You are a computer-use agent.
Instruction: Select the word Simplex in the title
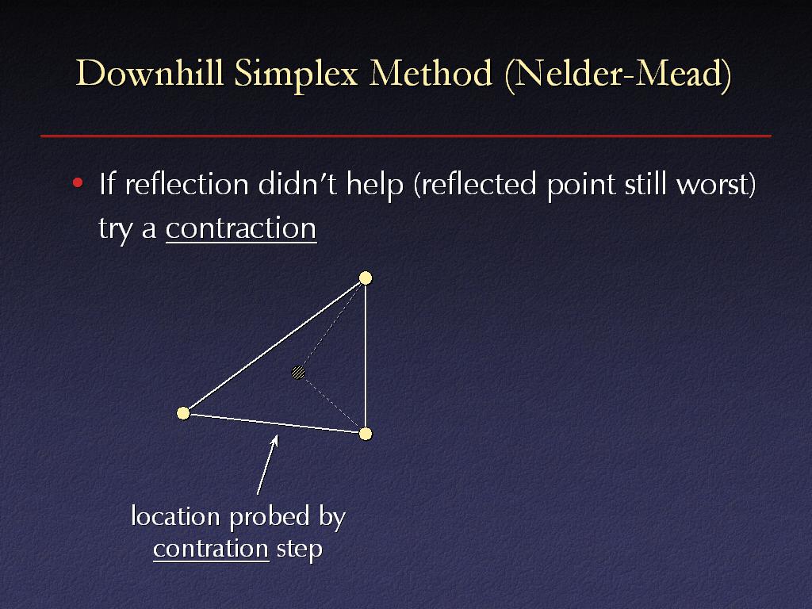click(x=296, y=75)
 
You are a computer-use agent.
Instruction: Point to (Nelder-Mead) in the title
click(x=618, y=75)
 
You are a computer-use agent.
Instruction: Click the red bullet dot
click(x=78, y=182)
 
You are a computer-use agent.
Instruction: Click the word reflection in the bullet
click(x=187, y=184)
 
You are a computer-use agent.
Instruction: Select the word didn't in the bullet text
click(x=297, y=184)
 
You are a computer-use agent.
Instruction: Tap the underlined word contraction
click(x=241, y=228)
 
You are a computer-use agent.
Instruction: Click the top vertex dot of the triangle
click(x=366, y=278)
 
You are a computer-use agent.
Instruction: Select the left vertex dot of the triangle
click(x=183, y=413)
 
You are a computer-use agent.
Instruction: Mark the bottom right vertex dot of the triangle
click(x=366, y=434)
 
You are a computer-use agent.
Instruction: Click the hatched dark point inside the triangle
click(x=298, y=373)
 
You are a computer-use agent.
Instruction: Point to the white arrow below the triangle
click(x=267, y=465)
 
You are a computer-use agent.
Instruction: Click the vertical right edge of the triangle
click(x=366, y=356)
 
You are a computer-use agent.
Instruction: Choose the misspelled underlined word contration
click(x=211, y=549)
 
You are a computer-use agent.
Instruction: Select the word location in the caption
click(x=175, y=516)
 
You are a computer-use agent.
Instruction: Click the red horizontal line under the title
click(x=406, y=136)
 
